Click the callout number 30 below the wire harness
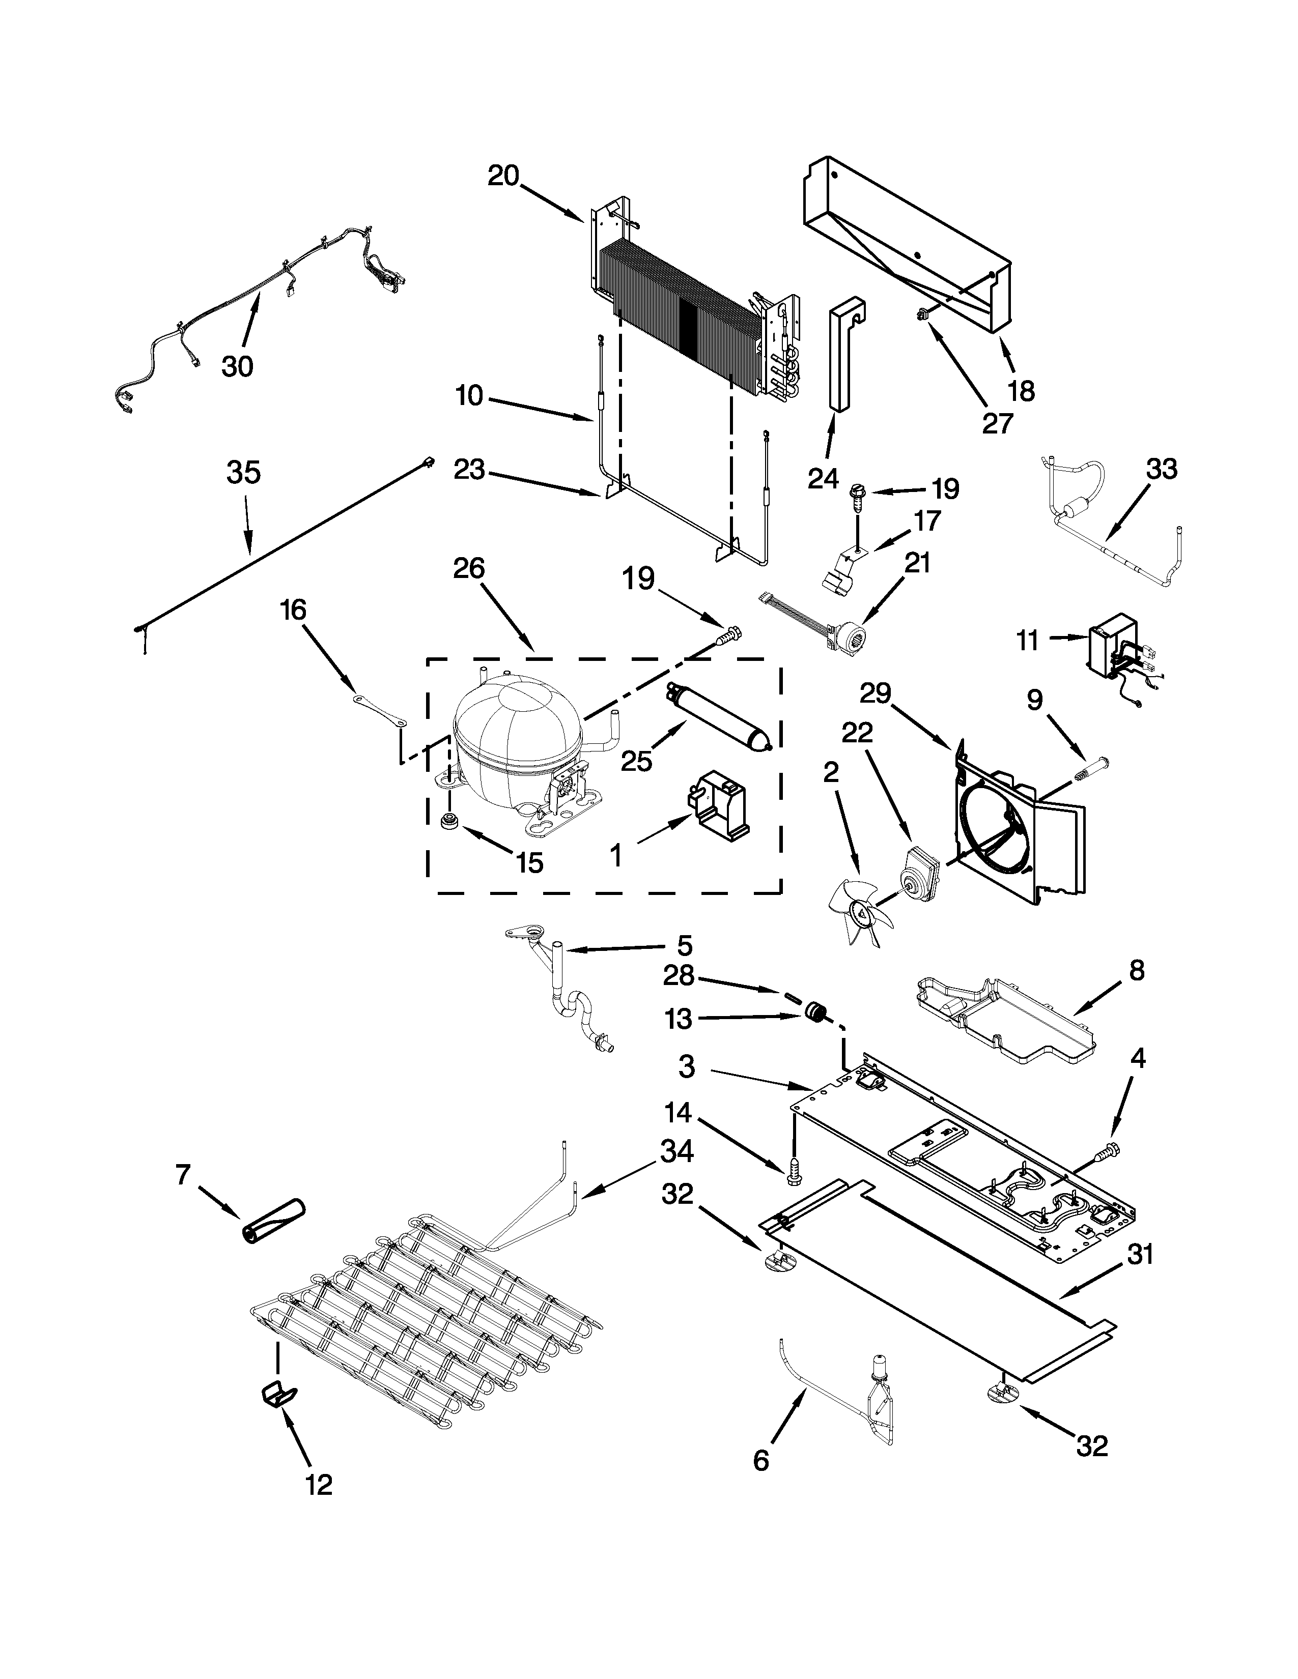237,367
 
